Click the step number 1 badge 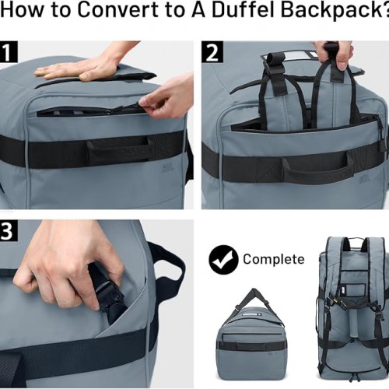(x=8, y=52)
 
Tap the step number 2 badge (x=212, y=52)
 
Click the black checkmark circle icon (x=223, y=260)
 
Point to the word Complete (x=274, y=259)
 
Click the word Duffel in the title (x=244, y=10)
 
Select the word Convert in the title (x=118, y=10)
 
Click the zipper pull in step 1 (x=142, y=104)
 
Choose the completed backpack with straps (x=352, y=309)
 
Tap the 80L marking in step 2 (x=365, y=179)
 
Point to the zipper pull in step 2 (x=382, y=128)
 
